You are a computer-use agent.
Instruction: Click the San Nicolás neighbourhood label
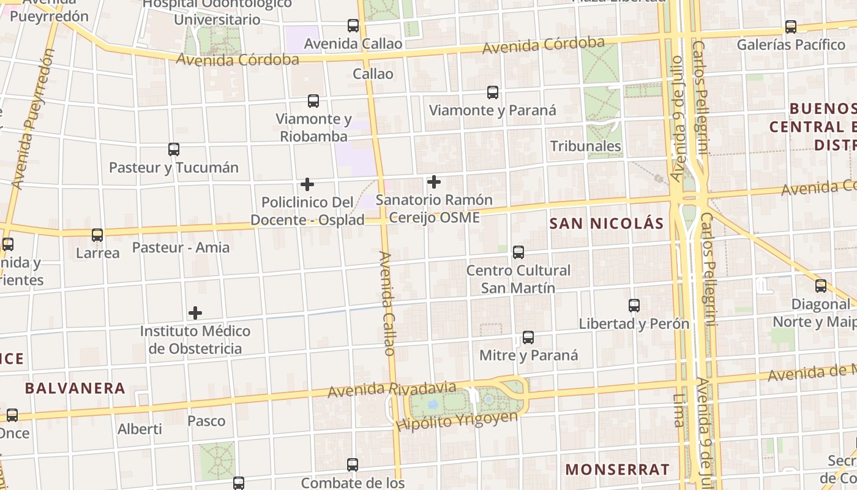coord(606,224)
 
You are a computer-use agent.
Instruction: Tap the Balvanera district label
coord(75,388)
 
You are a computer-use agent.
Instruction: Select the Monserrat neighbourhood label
coord(617,470)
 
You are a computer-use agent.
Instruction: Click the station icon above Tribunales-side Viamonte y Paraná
coord(493,92)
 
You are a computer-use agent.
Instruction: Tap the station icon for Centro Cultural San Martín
coord(518,252)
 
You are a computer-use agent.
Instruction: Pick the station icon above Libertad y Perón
coord(634,305)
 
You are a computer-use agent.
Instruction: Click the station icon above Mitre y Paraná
coord(528,337)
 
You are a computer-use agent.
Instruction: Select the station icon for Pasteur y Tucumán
coord(174,149)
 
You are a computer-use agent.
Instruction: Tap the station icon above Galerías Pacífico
coord(791,27)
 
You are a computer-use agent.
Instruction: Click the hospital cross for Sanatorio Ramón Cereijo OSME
coord(434,182)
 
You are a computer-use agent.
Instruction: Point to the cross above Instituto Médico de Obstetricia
coord(195,313)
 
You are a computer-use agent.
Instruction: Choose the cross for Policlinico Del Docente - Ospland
coord(307,184)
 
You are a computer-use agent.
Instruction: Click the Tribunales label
coord(586,146)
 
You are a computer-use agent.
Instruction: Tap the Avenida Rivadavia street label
coord(392,389)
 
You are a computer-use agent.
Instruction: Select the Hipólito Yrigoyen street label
coord(457,421)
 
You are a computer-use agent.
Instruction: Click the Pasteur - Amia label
coord(181,247)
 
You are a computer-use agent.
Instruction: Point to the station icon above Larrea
coord(97,235)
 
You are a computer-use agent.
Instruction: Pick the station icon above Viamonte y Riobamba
coord(313,101)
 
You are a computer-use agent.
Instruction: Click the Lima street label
coord(678,410)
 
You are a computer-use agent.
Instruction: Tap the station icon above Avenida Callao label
coord(353,26)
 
